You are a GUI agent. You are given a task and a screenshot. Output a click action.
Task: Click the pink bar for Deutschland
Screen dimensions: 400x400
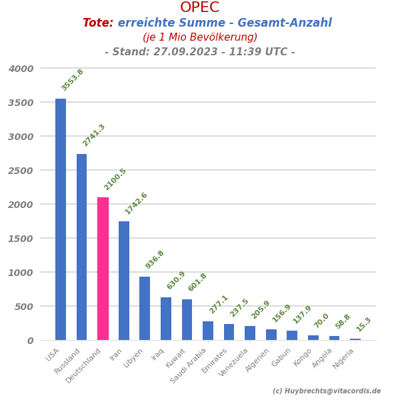(103, 269)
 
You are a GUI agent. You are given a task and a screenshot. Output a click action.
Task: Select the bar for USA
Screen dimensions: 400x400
(61, 219)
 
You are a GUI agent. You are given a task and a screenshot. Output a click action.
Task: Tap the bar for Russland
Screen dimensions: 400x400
(81, 247)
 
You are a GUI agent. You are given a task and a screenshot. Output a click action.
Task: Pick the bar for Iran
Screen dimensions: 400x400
(124, 281)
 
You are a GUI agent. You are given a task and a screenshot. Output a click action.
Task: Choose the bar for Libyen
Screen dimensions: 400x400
(145, 308)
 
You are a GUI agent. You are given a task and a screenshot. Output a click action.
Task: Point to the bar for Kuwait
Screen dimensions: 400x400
(187, 319)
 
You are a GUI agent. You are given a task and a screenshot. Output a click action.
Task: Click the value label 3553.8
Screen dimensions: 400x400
(73, 80)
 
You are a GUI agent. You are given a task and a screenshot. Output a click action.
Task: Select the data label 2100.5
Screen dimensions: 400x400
(115, 179)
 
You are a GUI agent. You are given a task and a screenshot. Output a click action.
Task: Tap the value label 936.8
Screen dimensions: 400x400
(155, 259)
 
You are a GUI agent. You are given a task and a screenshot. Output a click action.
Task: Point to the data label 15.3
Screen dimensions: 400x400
(363, 325)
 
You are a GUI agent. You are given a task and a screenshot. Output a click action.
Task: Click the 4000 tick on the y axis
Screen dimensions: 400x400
(21, 69)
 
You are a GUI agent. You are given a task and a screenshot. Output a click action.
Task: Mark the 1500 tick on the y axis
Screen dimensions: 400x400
(21, 239)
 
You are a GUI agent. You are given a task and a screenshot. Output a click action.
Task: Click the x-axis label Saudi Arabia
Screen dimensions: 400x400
(189, 365)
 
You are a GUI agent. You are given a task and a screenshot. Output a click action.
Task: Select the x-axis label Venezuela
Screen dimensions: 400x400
(233, 363)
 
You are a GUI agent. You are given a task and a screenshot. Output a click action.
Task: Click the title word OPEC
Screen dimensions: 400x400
(199, 8)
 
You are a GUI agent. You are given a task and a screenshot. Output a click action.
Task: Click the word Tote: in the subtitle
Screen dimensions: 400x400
(97, 23)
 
